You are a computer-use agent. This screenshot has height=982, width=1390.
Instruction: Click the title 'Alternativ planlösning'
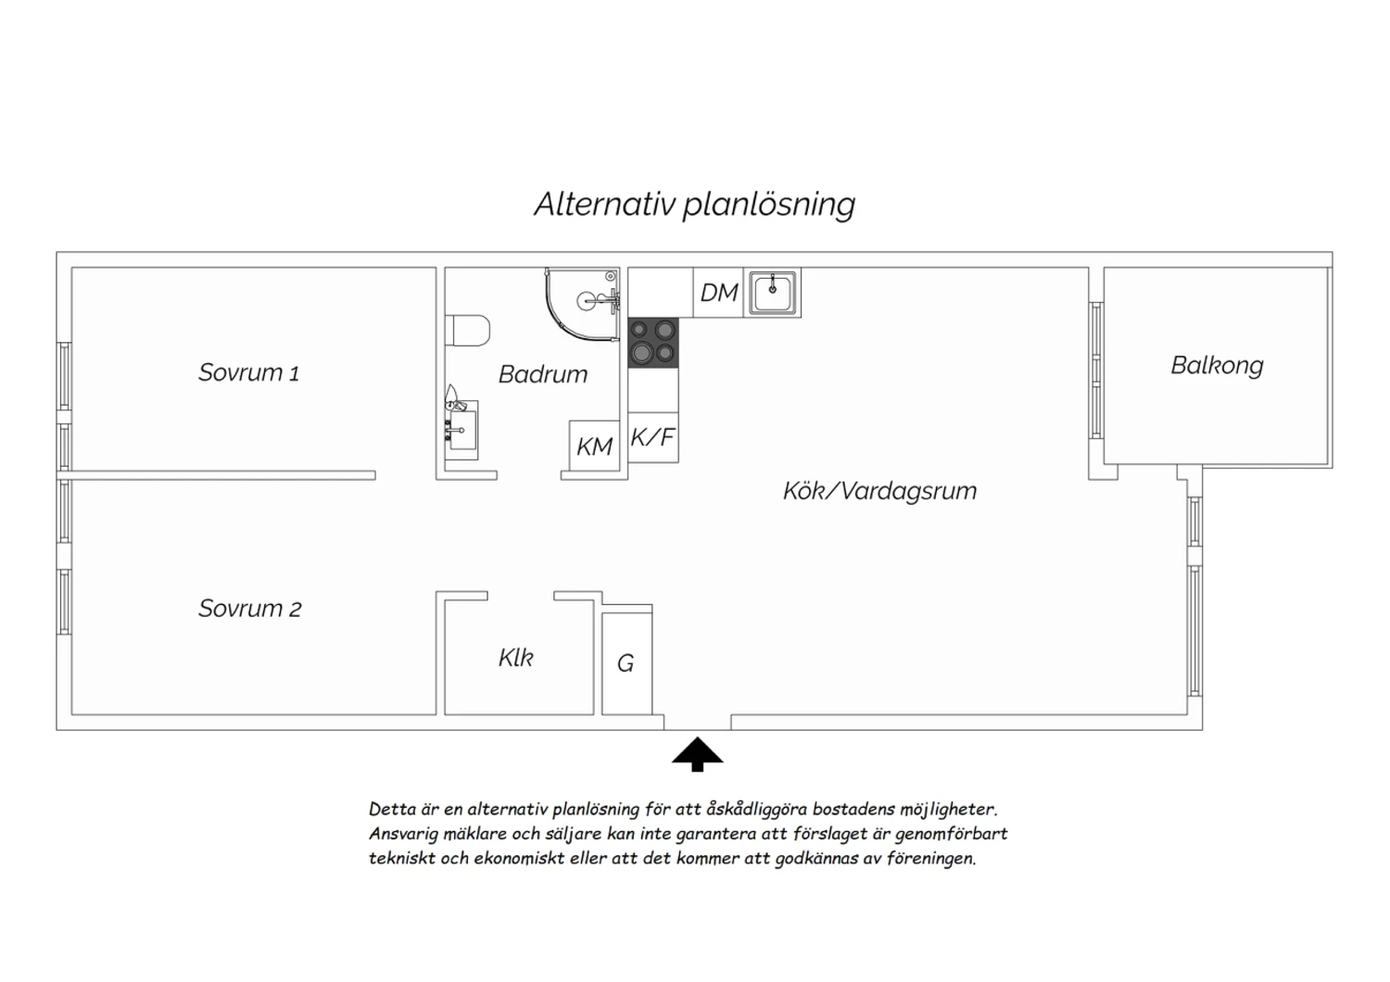pyautogui.click(x=694, y=205)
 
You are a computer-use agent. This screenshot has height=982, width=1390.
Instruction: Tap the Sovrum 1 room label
pyautogui.click(x=248, y=372)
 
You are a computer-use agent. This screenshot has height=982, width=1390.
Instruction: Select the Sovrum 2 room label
pyautogui.click(x=249, y=609)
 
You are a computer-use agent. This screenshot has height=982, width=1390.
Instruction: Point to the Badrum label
pyautogui.click(x=543, y=374)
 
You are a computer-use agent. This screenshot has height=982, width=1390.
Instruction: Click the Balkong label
pyautogui.click(x=1217, y=365)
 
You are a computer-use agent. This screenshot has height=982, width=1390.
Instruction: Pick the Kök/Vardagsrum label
pyautogui.click(x=879, y=491)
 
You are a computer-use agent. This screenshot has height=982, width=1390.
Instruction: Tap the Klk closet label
pyautogui.click(x=515, y=658)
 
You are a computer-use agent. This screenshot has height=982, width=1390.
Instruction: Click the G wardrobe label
pyautogui.click(x=625, y=663)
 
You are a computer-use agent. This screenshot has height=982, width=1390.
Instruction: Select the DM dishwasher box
pyautogui.click(x=718, y=292)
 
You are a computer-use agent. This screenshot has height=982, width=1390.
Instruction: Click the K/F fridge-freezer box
pyautogui.click(x=652, y=437)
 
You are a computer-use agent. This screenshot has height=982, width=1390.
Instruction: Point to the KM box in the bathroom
pyautogui.click(x=595, y=446)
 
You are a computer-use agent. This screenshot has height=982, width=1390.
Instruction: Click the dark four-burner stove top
pyautogui.click(x=652, y=343)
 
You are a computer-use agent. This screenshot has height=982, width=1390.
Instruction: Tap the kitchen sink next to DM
pyautogui.click(x=773, y=293)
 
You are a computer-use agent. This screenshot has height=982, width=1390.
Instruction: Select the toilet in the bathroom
pyautogui.click(x=467, y=330)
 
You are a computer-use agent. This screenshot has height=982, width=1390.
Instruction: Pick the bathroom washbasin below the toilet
pyautogui.click(x=461, y=427)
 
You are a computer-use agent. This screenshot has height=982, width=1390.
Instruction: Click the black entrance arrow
pyautogui.click(x=698, y=754)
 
